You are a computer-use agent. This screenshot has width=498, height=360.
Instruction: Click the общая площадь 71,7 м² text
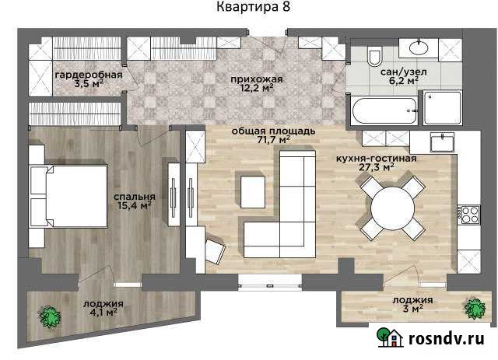(x=272, y=135)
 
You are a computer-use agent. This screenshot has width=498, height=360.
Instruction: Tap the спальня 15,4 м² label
(x=132, y=201)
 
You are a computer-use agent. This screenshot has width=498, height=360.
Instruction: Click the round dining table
(x=391, y=208)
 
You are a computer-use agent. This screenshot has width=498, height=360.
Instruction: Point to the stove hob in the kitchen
(x=469, y=215)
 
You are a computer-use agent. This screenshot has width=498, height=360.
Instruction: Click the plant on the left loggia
(x=51, y=316)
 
